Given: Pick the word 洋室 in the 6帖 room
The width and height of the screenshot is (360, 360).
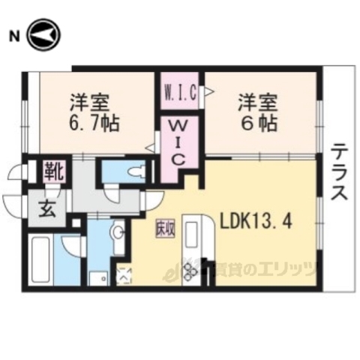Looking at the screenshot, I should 259,99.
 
